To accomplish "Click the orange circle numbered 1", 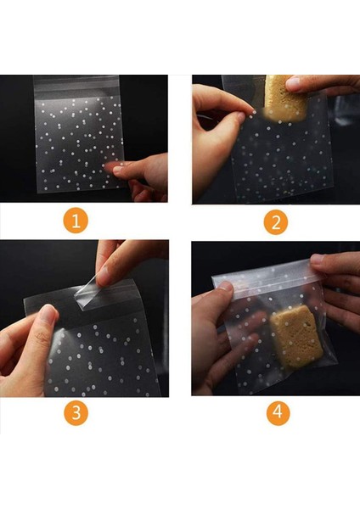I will tap(76, 221).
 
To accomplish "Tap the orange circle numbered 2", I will tap(275, 222).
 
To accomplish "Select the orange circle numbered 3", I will tap(76, 413).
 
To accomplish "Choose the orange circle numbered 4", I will tap(277, 413).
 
